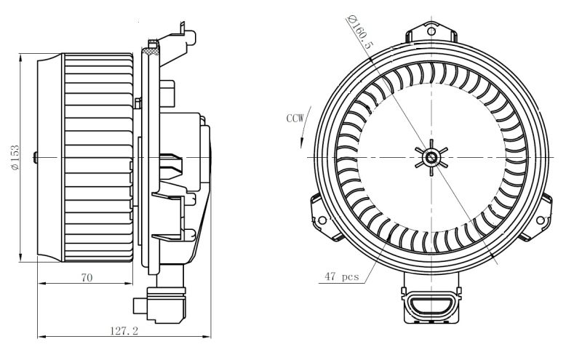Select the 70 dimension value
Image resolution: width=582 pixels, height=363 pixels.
(86, 276)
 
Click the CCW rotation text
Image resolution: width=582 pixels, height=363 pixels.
(295, 117)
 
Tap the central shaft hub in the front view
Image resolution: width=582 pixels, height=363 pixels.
(432, 156)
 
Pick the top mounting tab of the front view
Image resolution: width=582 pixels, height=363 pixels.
(432, 33)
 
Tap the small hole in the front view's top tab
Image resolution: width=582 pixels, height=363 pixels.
(432, 31)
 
